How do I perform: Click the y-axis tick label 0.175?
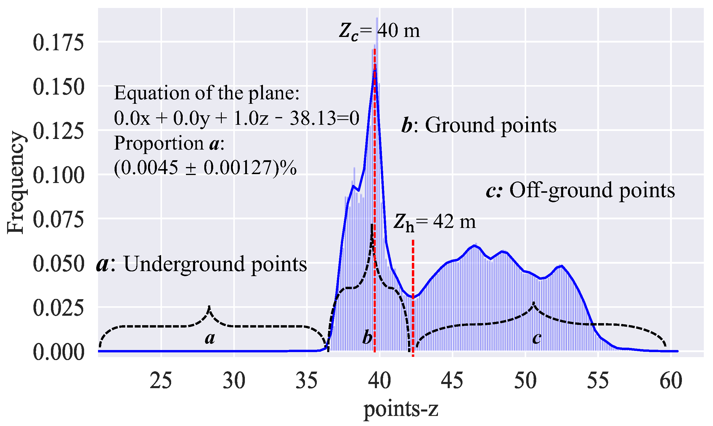tap(58, 43)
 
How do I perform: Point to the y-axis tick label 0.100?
tap(58, 175)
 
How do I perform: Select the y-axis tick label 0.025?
tap(58, 308)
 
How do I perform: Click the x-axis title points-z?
tap(401, 409)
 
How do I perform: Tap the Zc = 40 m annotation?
tap(380, 31)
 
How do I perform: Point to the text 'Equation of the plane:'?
tap(207, 93)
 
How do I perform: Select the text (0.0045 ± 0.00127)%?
tap(205, 168)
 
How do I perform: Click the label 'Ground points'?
tap(491, 125)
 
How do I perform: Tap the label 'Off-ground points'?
tap(592, 190)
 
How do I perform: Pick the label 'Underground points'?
tap(215, 264)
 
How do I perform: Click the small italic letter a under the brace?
tap(210, 338)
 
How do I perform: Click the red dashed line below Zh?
tap(413, 296)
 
